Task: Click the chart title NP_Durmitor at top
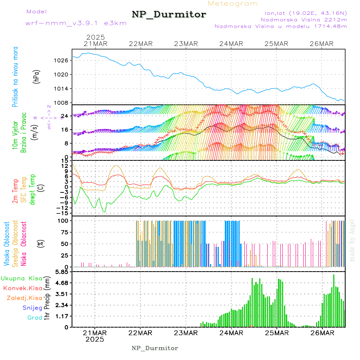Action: (x=169, y=15)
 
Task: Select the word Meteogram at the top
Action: (x=233, y=4)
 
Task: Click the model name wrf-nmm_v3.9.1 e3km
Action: (x=76, y=23)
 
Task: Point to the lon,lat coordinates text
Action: (x=303, y=13)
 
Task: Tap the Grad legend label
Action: (x=34, y=318)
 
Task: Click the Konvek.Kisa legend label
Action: (x=22, y=288)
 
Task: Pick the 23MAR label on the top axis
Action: (x=186, y=44)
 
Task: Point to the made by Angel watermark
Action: (x=352, y=240)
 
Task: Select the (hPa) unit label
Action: (x=36, y=76)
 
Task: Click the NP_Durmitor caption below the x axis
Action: (x=155, y=348)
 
